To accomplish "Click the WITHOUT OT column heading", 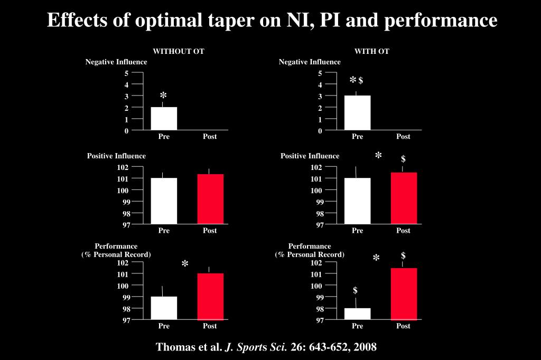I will (x=179, y=51).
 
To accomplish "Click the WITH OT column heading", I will (x=372, y=51).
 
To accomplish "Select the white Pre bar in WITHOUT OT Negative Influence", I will (x=164, y=118).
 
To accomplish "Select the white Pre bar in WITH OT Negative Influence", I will (x=358, y=112).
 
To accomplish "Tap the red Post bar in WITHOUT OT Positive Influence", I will (x=210, y=198).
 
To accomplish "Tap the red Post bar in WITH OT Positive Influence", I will (x=404, y=198).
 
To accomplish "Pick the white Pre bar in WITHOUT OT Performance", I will (x=164, y=308).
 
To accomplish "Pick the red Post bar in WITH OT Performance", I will (x=404, y=293).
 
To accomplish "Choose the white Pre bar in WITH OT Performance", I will (x=358, y=314).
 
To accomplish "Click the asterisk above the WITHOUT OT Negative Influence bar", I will (x=164, y=96).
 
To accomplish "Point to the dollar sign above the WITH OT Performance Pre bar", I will (x=356, y=290).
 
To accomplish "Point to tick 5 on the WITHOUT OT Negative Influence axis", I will (x=126, y=73).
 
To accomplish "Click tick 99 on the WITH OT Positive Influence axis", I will (x=320, y=202).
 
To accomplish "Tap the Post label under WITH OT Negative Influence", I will (x=403, y=136).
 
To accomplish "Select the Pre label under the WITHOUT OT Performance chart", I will (x=164, y=326).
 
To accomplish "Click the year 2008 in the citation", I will (x=366, y=347).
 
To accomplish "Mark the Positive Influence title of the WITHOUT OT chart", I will (x=116, y=156).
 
